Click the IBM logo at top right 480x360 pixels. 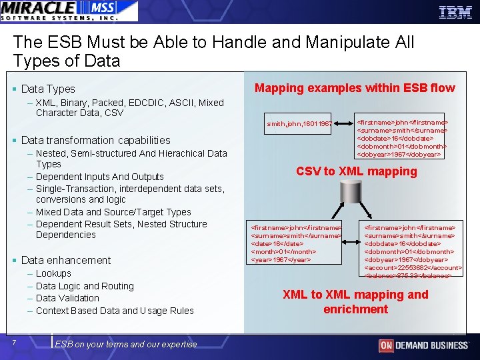coord(455,11)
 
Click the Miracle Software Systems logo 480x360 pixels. coord(69,11)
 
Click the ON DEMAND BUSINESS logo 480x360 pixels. coord(423,345)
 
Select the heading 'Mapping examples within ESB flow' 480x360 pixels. coord(355,88)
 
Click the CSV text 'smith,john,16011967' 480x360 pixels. coord(299,124)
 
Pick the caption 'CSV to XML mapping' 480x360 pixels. coord(356,171)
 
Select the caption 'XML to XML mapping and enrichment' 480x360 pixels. coord(355,301)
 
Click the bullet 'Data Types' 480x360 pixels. coord(48,89)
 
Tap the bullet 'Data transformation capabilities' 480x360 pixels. coord(95,140)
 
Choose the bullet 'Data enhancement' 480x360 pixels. coord(66,260)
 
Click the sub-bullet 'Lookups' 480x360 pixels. coord(53,273)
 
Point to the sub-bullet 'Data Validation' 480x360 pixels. coord(67,298)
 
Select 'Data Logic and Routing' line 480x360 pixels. coord(85,286)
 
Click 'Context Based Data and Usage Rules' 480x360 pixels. coord(115,311)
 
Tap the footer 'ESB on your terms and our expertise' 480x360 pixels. coord(126,344)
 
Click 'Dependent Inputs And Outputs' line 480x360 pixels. coord(99,177)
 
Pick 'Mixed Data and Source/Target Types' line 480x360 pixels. coord(113,212)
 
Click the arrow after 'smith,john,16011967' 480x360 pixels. coord(344,124)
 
